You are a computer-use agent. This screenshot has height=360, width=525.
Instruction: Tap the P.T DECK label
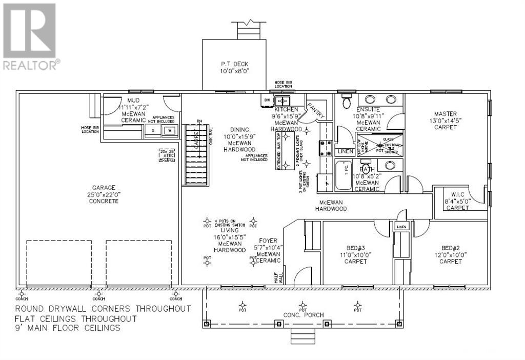click(234, 64)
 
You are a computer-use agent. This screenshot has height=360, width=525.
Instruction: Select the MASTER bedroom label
click(445, 114)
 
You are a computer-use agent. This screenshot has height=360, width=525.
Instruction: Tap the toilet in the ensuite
click(346, 101)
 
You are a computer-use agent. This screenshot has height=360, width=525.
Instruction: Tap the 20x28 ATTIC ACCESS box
click(168, 155)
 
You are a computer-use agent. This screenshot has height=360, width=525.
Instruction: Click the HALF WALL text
click(278, 277)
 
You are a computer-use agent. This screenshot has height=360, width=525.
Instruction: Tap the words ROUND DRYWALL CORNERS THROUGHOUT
click(103, 309)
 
